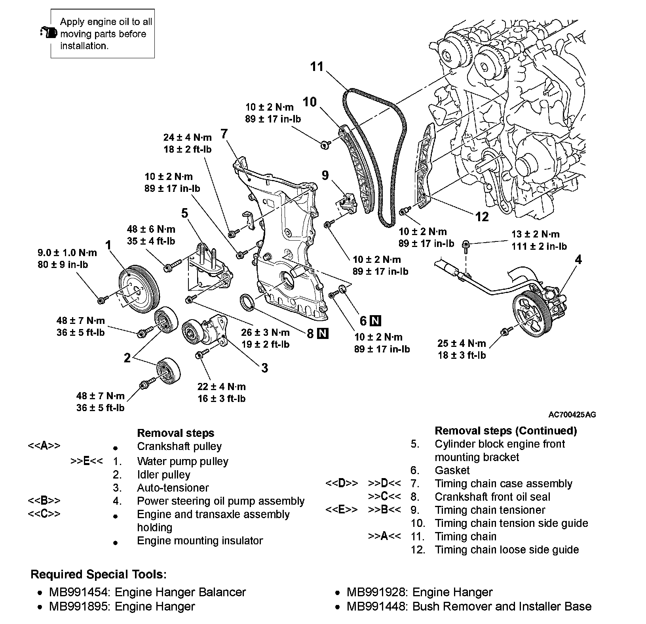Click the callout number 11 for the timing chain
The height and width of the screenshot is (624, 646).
[x=317, y=67]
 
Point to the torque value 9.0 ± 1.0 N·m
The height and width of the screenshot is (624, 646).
[x=67, y=253]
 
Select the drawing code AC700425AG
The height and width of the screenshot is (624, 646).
[x=572, y=415]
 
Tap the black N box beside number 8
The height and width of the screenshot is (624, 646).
[x=323, y=333]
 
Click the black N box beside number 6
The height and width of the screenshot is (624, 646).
[x=376, y=320]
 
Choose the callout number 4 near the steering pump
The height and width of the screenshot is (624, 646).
[x=578, y=260]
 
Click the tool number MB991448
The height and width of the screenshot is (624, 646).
[x=376, y=607]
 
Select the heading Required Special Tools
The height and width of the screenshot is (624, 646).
[x=99, y=574]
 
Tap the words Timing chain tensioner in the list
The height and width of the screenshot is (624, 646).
[x=490, y=510]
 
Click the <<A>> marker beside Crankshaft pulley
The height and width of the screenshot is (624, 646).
[x=44, y=446]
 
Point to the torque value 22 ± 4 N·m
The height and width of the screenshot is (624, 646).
[x=222, y=387]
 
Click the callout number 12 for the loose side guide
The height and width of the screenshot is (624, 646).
[x=482, y=217]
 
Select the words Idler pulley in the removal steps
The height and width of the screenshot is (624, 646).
[x=163, y=475]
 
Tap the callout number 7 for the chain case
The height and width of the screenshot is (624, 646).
[x=224, y=134]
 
